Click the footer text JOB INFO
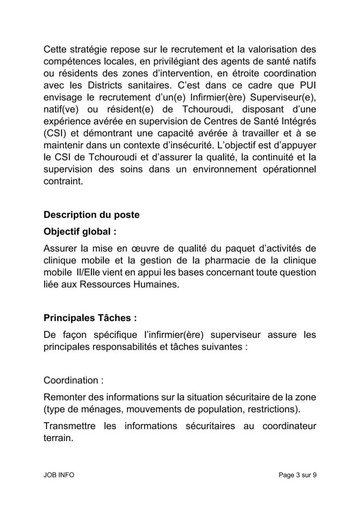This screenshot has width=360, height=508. (59, 475)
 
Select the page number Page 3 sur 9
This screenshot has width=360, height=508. (297, 475)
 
